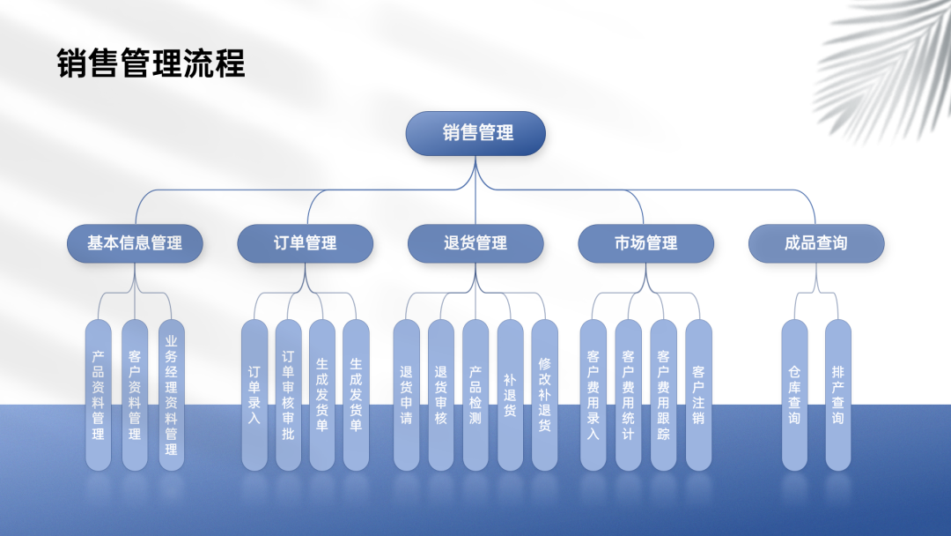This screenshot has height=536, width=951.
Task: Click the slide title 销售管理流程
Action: [151, 64]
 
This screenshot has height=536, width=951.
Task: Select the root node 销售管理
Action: [475, 133]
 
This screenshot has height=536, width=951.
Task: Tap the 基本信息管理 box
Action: [136, 243]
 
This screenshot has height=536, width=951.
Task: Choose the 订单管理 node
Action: [306, 243]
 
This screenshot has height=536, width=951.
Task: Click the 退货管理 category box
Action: [475, 243]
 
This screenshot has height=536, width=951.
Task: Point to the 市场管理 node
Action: [645, 243]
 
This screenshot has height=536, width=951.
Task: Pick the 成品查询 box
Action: [816, 243]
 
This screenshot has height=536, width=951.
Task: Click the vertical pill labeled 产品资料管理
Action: [99, 394]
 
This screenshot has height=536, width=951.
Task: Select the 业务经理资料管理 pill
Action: [171, 394]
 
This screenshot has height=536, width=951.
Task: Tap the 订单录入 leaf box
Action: [254, 394]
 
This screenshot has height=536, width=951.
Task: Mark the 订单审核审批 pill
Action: [288, 394]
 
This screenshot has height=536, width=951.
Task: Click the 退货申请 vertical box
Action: [406, 394]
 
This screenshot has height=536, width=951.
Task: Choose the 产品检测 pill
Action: [475, 394]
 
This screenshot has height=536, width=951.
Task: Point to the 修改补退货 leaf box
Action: [544, 394]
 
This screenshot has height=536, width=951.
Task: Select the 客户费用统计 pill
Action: [628, 394]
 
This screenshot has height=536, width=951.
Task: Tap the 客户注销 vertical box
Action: [698, 394]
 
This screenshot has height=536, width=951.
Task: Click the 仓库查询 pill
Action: [794, 394]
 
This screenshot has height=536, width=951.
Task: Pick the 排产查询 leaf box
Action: [837, 394]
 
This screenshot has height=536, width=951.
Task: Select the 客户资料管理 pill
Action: [135, 394]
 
